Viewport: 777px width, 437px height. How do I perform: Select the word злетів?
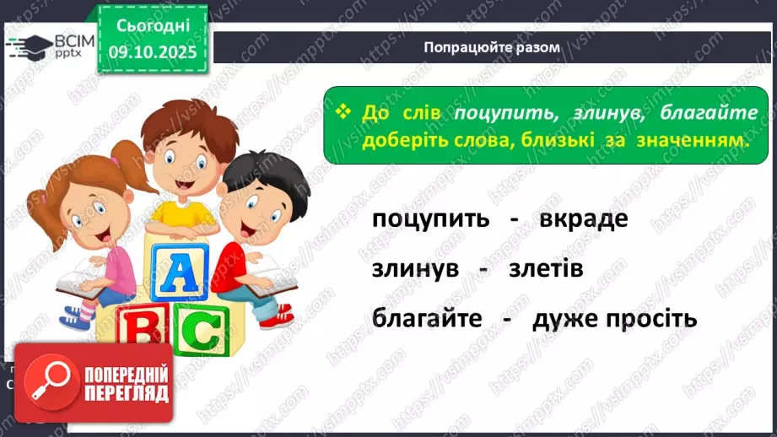tap(546, 269)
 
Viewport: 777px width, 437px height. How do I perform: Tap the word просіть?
tap(650, 320)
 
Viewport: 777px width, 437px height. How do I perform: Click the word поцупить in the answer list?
tap(430, 219)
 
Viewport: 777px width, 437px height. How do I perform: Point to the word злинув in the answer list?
tap(414, 269)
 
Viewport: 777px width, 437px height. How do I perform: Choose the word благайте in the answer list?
tap(426, 320)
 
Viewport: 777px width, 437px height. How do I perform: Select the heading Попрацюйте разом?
tap(493, 47)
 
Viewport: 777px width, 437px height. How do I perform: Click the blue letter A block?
tap(177, 275)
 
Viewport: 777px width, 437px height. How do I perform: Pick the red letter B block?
tap(136, 332)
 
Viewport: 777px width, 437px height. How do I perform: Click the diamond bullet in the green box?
tap(343, 113)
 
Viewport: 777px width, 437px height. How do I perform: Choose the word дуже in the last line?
tap(564, 320)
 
